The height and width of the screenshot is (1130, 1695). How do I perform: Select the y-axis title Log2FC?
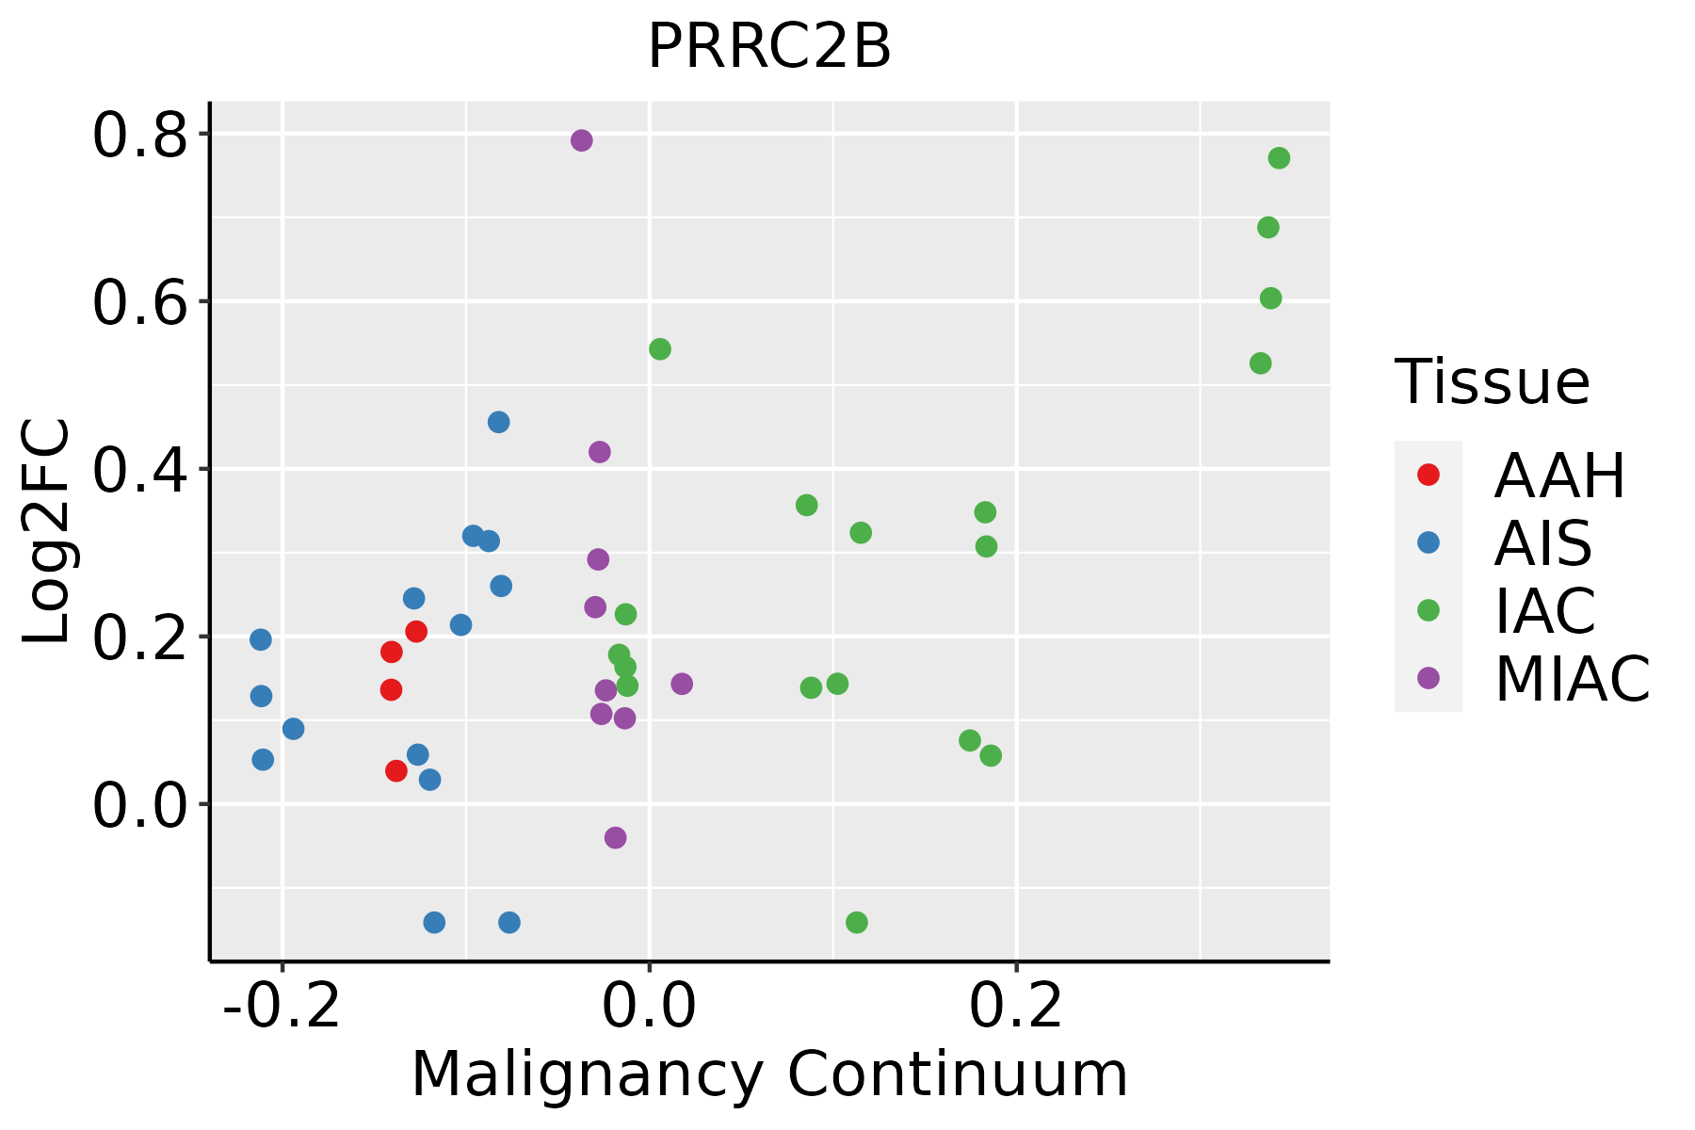(47, 532)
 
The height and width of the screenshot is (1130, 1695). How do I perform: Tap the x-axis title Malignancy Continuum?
(769, 1074)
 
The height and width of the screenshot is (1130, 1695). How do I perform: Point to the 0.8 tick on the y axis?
(138, 135)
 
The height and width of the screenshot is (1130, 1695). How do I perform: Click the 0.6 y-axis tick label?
(138, 302)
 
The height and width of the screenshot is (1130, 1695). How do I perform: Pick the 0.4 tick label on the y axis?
(138, 470)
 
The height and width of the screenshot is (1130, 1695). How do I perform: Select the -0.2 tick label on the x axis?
(282, 1007)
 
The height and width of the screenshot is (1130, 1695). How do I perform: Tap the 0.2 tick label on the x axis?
(1016, 1007)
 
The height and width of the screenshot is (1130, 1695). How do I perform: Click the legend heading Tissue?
(1493, 382)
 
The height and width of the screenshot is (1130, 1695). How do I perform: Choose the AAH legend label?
(1559, 476)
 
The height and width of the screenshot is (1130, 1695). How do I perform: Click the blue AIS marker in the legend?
(1429, 542)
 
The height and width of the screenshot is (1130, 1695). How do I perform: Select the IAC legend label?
(1545, 610)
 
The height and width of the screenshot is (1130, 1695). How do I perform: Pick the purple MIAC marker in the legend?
(1429, 678)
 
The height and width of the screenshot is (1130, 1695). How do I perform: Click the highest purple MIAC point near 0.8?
(582, 140)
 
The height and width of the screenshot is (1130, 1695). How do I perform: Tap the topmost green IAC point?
(1279, 158)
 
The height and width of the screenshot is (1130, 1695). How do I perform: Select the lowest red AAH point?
(396, 771)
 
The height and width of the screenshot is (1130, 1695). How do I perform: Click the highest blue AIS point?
(499, 422)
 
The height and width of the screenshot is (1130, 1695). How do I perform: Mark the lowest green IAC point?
(857, 922)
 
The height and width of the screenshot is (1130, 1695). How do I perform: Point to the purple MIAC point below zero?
(616, 838)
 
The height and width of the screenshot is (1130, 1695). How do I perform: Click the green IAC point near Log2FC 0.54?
(660, 349)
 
